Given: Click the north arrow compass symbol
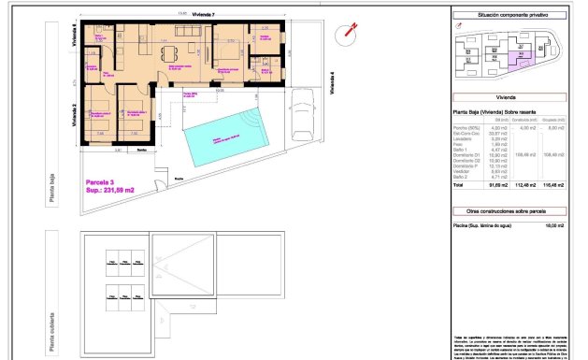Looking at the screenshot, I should (348, 30).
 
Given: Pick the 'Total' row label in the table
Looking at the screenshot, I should (459, 185).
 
